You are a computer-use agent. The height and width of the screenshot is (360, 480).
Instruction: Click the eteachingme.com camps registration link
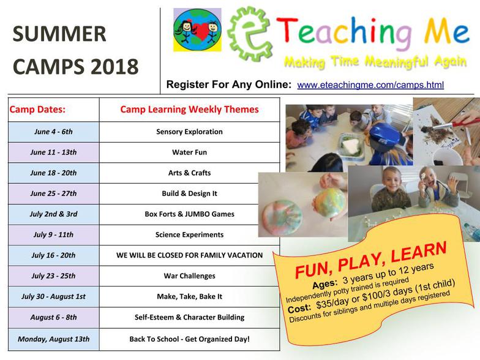pyautogui.click(x=370, y=84)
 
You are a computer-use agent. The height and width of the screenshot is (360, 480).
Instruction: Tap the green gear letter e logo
pyautogui.click(x=250, y=34)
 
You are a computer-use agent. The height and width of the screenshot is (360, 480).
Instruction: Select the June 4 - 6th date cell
pyautogui.click(x=54, y=132)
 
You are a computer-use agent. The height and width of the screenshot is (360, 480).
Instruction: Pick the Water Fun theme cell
pyautogui.click(x=190, y=152)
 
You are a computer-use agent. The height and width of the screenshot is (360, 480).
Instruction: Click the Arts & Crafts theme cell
pyautogui.click(x=190, y=173)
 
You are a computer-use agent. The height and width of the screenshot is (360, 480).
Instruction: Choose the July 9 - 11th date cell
pyautogui.click(x=54, y=235)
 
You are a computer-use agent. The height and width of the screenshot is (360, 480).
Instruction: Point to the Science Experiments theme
pyautogui.click(x=190, y=235)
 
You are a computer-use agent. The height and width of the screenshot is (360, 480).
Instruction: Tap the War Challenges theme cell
pyautogui.click(x=190, y=276)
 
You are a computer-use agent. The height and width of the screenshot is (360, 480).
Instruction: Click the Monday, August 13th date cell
pyautogui.click(x=54, y=339)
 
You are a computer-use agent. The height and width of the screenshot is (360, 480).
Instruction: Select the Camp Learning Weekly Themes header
pyautogui.click(x=190, y=109)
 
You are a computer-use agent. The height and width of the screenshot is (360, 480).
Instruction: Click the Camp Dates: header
pyautogui.click(x=37, y=109)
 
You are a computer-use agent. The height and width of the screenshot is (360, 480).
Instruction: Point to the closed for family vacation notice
pyautogui.click(x=190, y=255)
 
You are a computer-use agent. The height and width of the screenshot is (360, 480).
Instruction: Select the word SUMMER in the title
pyautogui.click(x=59, y=34)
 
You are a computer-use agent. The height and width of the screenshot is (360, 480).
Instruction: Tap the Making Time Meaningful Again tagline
pyautogui.click(x=375, y=61)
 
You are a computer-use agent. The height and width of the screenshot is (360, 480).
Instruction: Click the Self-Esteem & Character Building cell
pyautogui.click(x=190, y=317)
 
